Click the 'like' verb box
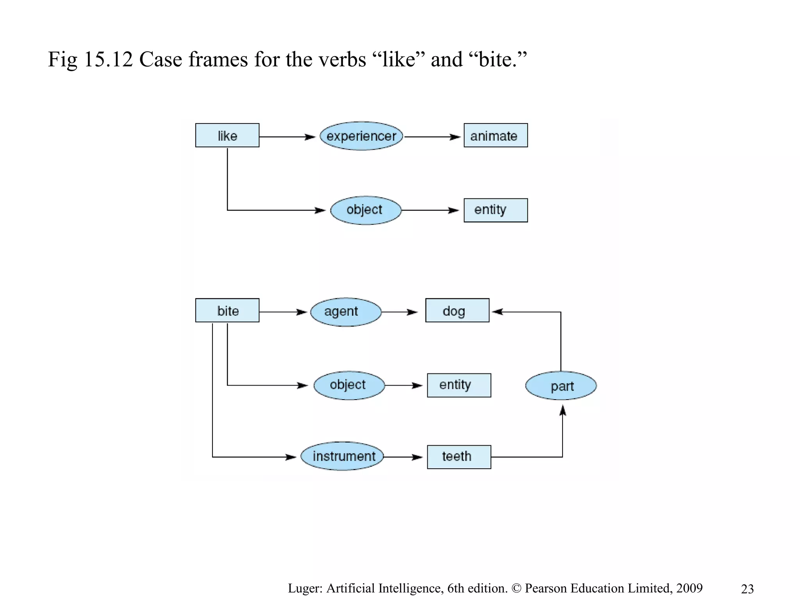pos(227,136)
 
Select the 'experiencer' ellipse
pos(361,136)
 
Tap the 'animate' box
pos(495,136)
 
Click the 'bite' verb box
pos(227,311)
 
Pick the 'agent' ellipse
pos(346,312)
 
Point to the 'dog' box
pos(457,311)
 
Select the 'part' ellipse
pos(561,386)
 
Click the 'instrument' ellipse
pos(342,456)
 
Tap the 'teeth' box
pos(459,457)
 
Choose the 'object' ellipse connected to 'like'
pos(366,210)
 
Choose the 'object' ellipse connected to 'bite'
pos(349,385)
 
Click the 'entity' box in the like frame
pos(495,210)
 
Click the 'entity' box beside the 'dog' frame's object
pos(459,385)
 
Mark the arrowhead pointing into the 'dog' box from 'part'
pos(497,312)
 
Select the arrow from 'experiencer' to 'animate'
pos(432,137)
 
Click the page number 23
pos(747,589)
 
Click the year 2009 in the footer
pos(689,588)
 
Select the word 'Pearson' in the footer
pos(546,588)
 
